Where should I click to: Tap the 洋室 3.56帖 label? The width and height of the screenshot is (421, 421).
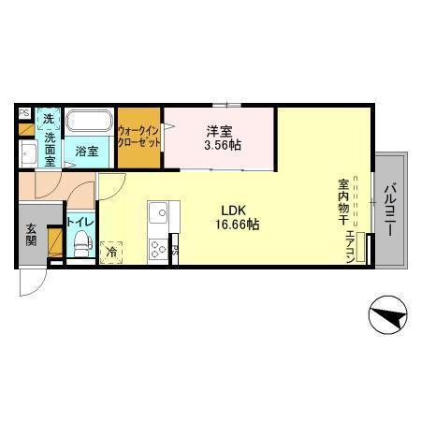click(219, 138)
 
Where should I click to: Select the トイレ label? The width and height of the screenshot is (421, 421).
click(79, 223)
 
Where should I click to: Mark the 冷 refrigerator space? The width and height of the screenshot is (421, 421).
click(111, 251)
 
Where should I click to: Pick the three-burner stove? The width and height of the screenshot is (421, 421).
click(157, 248)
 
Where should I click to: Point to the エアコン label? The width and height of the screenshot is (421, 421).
click(350, 247)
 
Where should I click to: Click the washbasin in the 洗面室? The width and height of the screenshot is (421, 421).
click(27, 154)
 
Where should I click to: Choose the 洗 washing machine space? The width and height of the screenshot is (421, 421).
click(49, 119)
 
